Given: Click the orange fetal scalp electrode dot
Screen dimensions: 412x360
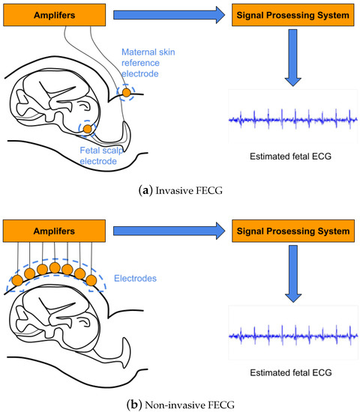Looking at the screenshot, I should tap(88, 130).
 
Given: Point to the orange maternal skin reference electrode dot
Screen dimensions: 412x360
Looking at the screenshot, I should tap(126, 91).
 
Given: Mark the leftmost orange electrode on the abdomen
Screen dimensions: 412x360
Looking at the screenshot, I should tap(17, 281).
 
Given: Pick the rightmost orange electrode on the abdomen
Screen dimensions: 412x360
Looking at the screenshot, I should tap(91, 281).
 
